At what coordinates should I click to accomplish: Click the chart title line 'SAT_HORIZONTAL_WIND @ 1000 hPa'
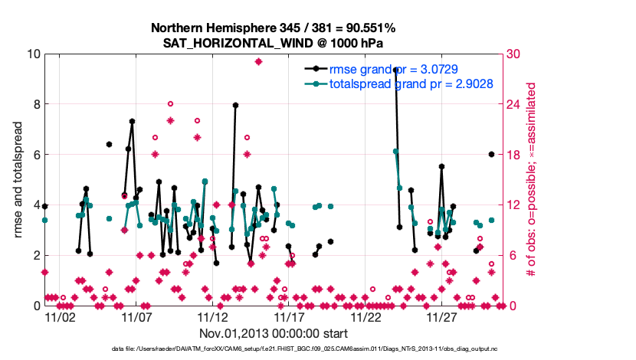coord(273,44)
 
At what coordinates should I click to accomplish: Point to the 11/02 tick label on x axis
coord(60,316)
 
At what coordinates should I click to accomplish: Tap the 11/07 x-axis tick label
coord(136,316)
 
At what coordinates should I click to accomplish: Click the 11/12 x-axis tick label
coord(213,316)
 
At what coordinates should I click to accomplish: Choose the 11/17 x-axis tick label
coord(290,316)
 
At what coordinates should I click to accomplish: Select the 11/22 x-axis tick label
coord(366,316)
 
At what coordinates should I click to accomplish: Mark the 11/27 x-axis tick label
coord(443,316)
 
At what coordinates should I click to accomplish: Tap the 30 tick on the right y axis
coord(514,54)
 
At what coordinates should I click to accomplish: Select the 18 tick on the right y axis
coord(514,155)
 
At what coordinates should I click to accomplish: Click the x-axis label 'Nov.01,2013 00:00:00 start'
coord(274,333)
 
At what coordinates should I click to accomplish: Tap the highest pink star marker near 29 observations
coord(259,61)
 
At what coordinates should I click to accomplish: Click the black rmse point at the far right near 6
coord(491,155)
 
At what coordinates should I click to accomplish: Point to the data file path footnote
coord(273,349)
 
